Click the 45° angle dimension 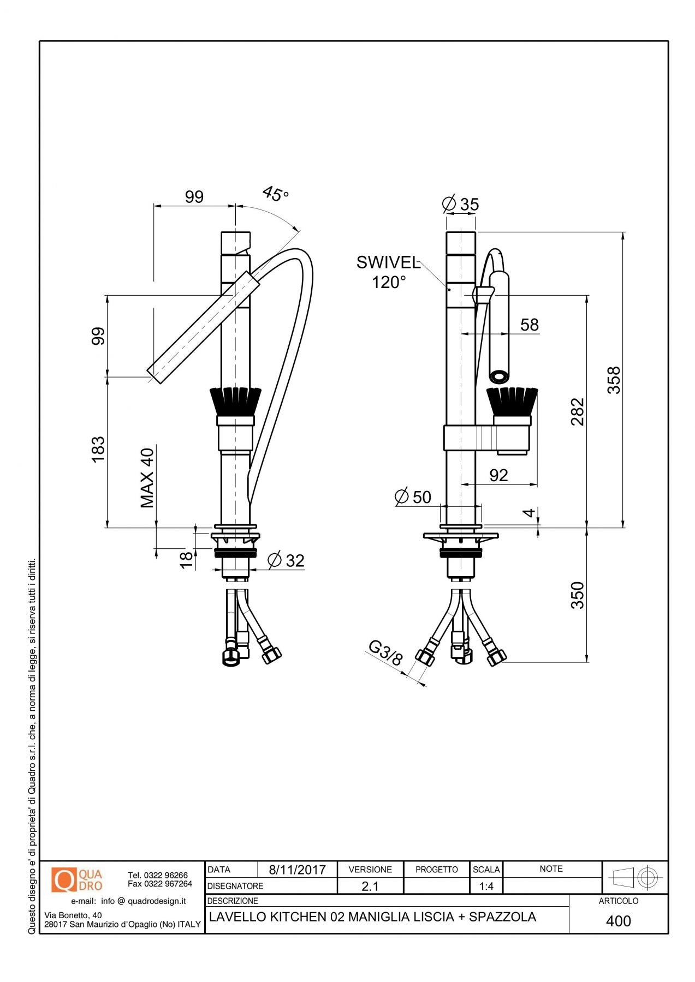tap(275, 194)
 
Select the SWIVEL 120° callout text tap(389, 272)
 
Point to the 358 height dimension tap(614, 380)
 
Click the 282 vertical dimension tap(578, 412)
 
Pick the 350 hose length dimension tap(578, 595)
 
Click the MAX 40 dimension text tap(147, 478)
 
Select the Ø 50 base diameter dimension tap(413, 497)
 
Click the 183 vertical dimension tap(98, 450)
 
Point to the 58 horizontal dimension tap(529, 325)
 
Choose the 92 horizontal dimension tap(498, 475)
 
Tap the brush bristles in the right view tap(512, 402)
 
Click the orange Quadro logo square tap(64, 880)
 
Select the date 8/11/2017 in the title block tap(297, 870)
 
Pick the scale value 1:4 tap(486, 887)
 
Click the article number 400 tap(618, 921)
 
